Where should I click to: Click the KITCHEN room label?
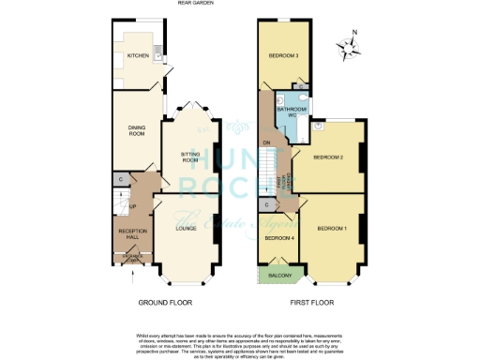pos(126,55)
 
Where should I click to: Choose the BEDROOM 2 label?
pos(327,157)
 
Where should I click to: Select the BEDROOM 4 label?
pos(277,239)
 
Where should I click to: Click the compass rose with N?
pos(352,48)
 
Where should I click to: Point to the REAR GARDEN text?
pos(196,4)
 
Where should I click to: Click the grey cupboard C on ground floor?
pos(120,179)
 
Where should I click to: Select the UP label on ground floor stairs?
pos(133,205)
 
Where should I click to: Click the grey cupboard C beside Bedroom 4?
pos(266,204)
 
